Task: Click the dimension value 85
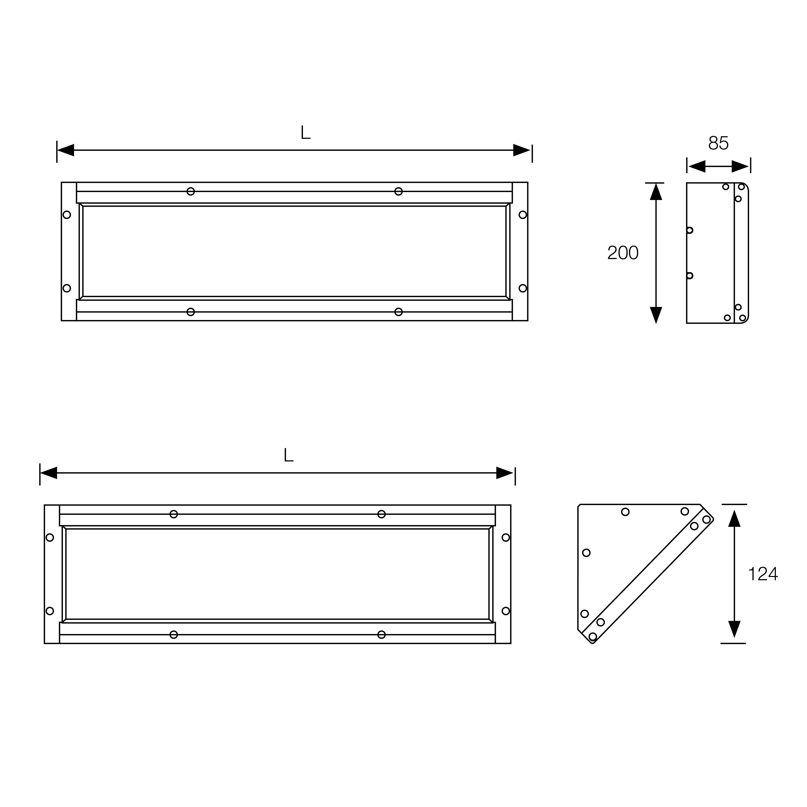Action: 718,143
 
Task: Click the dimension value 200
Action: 623,253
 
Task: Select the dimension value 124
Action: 763,574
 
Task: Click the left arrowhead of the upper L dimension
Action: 66,150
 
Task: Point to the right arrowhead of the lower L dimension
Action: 505,473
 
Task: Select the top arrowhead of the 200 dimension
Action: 656,192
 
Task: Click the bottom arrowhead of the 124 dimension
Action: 734,641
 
